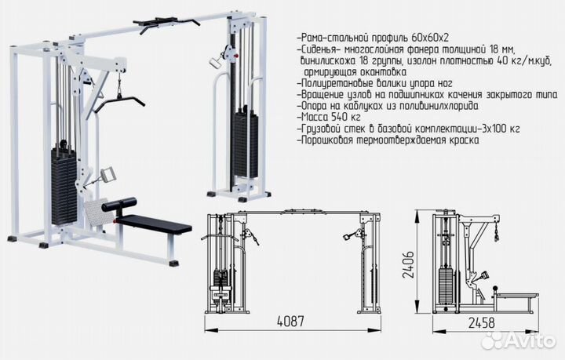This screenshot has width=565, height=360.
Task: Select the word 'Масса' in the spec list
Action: pos(315,116)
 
